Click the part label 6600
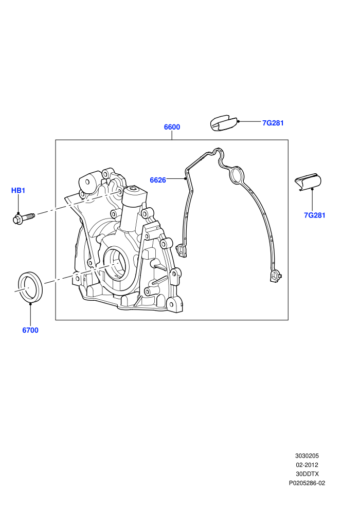point(172,127)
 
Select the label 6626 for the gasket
point(158,180)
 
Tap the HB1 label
point(18,190)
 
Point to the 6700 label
point(30,330)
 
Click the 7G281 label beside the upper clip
point(273,123)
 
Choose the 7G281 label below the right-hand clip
point(315,215)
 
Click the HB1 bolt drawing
point(24,218)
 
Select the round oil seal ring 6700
point(30,286)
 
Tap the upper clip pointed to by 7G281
point(224,123)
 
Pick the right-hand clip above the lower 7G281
point(308,183)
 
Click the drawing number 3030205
point(307,456)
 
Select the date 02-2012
point(307,465)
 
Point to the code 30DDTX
point(307,474)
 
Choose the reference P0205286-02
point(307,483)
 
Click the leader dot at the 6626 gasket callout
point(185,178)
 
